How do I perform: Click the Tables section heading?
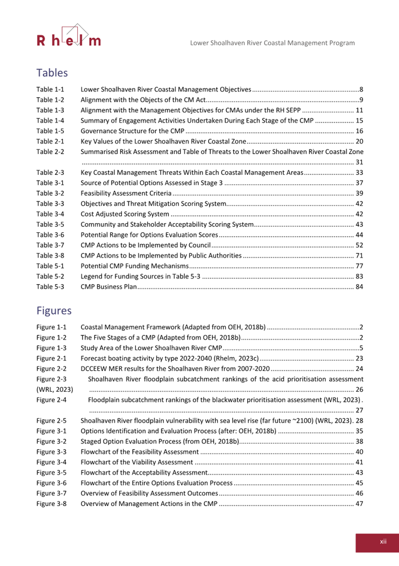coord(52,72)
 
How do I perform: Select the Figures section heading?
coord(55,309)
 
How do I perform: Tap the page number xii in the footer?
coord(383,541)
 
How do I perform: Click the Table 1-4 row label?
coord(50,120)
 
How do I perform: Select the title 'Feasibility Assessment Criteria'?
coord(126,193)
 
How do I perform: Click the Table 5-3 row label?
coord(50,287)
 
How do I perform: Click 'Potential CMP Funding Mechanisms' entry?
coord(134,266)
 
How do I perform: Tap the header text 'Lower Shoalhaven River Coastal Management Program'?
coord(272,43)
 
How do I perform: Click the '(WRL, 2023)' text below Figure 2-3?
coord(55,390)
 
